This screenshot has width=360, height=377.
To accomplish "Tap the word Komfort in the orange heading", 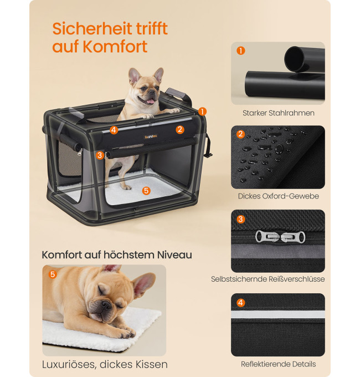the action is pos(115,47).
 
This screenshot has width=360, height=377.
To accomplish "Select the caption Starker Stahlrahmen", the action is pos(279,113).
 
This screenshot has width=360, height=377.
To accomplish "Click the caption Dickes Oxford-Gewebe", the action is pos(279,196).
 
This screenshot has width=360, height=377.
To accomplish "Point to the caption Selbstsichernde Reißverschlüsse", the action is pos(268,279).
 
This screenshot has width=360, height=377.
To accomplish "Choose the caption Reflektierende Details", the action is pos(279,364).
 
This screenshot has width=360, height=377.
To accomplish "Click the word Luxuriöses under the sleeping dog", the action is pos(69,364).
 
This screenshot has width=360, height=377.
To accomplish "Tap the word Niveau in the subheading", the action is pos(174,255).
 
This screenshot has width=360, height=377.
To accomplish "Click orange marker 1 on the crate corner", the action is pos(202,111).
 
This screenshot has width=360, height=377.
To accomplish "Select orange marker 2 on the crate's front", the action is pos(180,130).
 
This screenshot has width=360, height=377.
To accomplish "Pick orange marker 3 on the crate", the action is pos(100,155).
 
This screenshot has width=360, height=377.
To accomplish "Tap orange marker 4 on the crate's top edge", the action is pos(114,130).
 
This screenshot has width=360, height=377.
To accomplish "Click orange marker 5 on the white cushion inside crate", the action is pos(146,191).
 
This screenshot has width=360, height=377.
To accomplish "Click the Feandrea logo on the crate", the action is pos(151,137).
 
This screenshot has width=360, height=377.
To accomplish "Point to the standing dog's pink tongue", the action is pos(150,101).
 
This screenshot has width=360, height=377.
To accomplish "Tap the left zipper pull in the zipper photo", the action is pos(268,237).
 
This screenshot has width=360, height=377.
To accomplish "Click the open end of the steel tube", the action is pos(295,58).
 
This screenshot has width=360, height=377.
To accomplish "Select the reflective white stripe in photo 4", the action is pos(278,314).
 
